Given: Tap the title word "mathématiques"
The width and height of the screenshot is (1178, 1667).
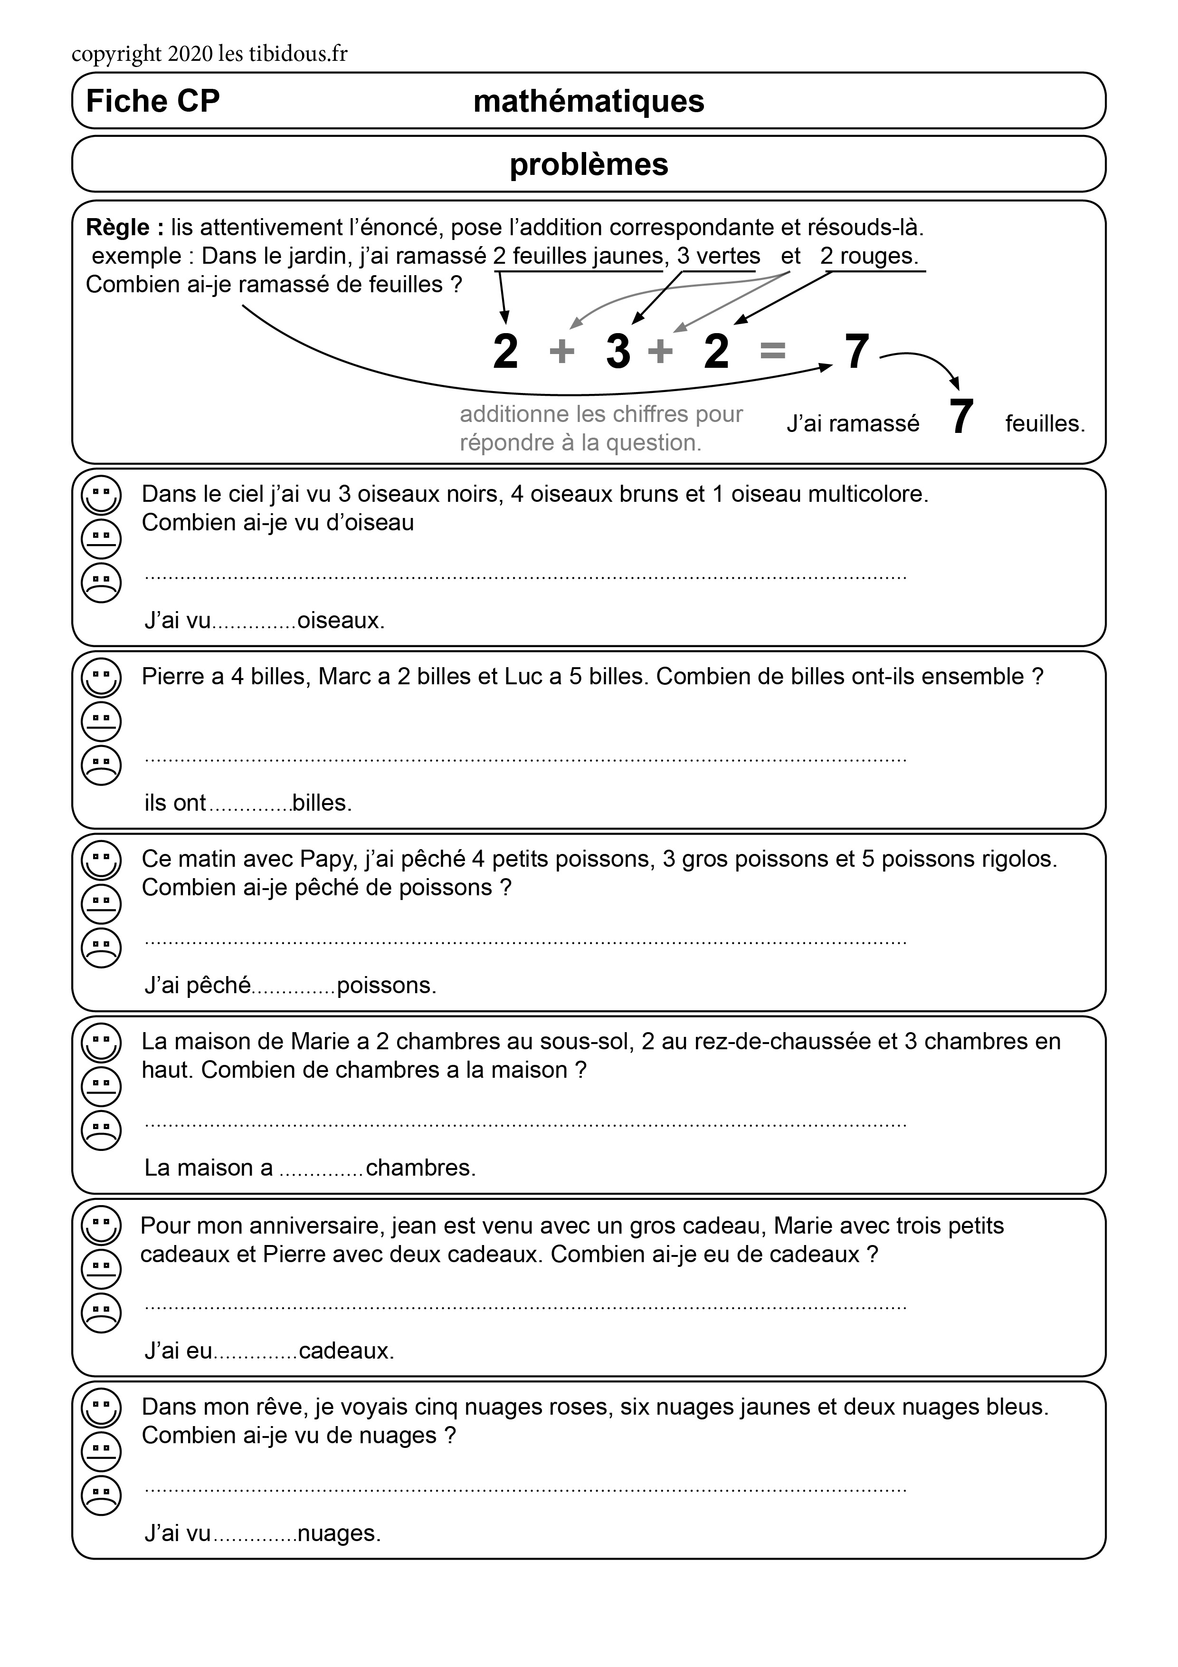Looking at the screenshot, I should pyautogui.click(x=589, y=101).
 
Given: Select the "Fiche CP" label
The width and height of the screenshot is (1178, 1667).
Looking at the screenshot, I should pyautogui.click(x=152, y=101).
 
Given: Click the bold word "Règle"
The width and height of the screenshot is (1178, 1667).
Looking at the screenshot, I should pyautogui.click(x=118, y=228).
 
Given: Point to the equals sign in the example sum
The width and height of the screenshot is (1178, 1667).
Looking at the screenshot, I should pyautogui.click(x=772, y=351).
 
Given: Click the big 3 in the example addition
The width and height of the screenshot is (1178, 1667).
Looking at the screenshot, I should pyautogui.click(x=617, y=351).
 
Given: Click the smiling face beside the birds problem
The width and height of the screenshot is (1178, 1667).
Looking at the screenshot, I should pyautogui.click(x=102, y=495).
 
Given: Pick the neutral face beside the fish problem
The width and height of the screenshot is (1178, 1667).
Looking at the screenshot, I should pyautogui.click(x=102, y=904).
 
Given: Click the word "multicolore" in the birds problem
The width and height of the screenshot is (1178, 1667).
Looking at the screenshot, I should pyautogui.click(x=867, y=494).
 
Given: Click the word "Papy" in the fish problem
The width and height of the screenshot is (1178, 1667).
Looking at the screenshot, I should pyautogui.click(x=328, y=859).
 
